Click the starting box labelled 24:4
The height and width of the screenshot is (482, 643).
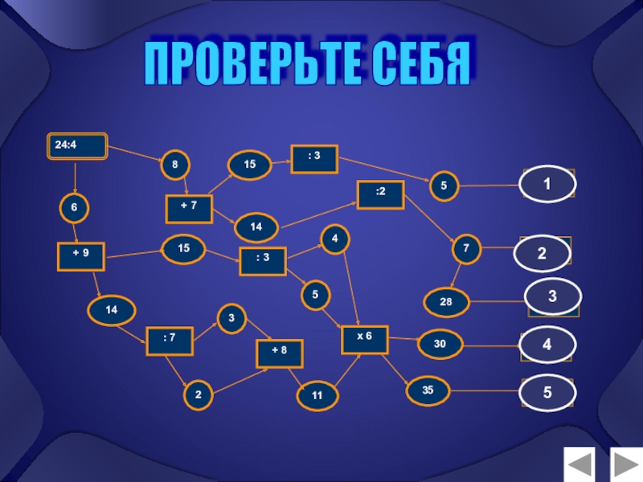pyautogui.click(x=76, y=145)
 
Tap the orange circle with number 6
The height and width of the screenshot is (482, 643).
pyautogui.click(x=74, y=207)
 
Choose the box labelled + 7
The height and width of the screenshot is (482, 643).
pyautogui.click(x=188, y=208)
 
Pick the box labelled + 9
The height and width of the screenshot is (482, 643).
pyautogui.click(x=80, y=255)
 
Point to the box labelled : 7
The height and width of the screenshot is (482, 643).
pyautogui.click(x=169, y=340)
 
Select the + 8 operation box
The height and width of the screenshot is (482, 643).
pyautogui.click(x=278, y=353)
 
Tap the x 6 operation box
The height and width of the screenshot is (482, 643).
pyautogui.click(x=364, y=339)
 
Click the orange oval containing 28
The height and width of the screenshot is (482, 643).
pyautogui.click(x=444, y=302)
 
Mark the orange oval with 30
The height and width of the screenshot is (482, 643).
pyautogui.click(x=440, y=345)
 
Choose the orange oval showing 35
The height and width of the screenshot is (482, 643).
pyautogui.click(x=428, y=390)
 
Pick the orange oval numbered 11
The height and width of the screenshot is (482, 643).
pyautogui.click(x=317, y=394)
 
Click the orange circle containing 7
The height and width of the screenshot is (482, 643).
pyautogui.click(x=465, y=249)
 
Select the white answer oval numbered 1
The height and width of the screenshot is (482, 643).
pyautogui.click(x=547, y=184)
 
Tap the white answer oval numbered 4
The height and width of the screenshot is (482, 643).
pyautogui.click(x=547, y=345)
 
